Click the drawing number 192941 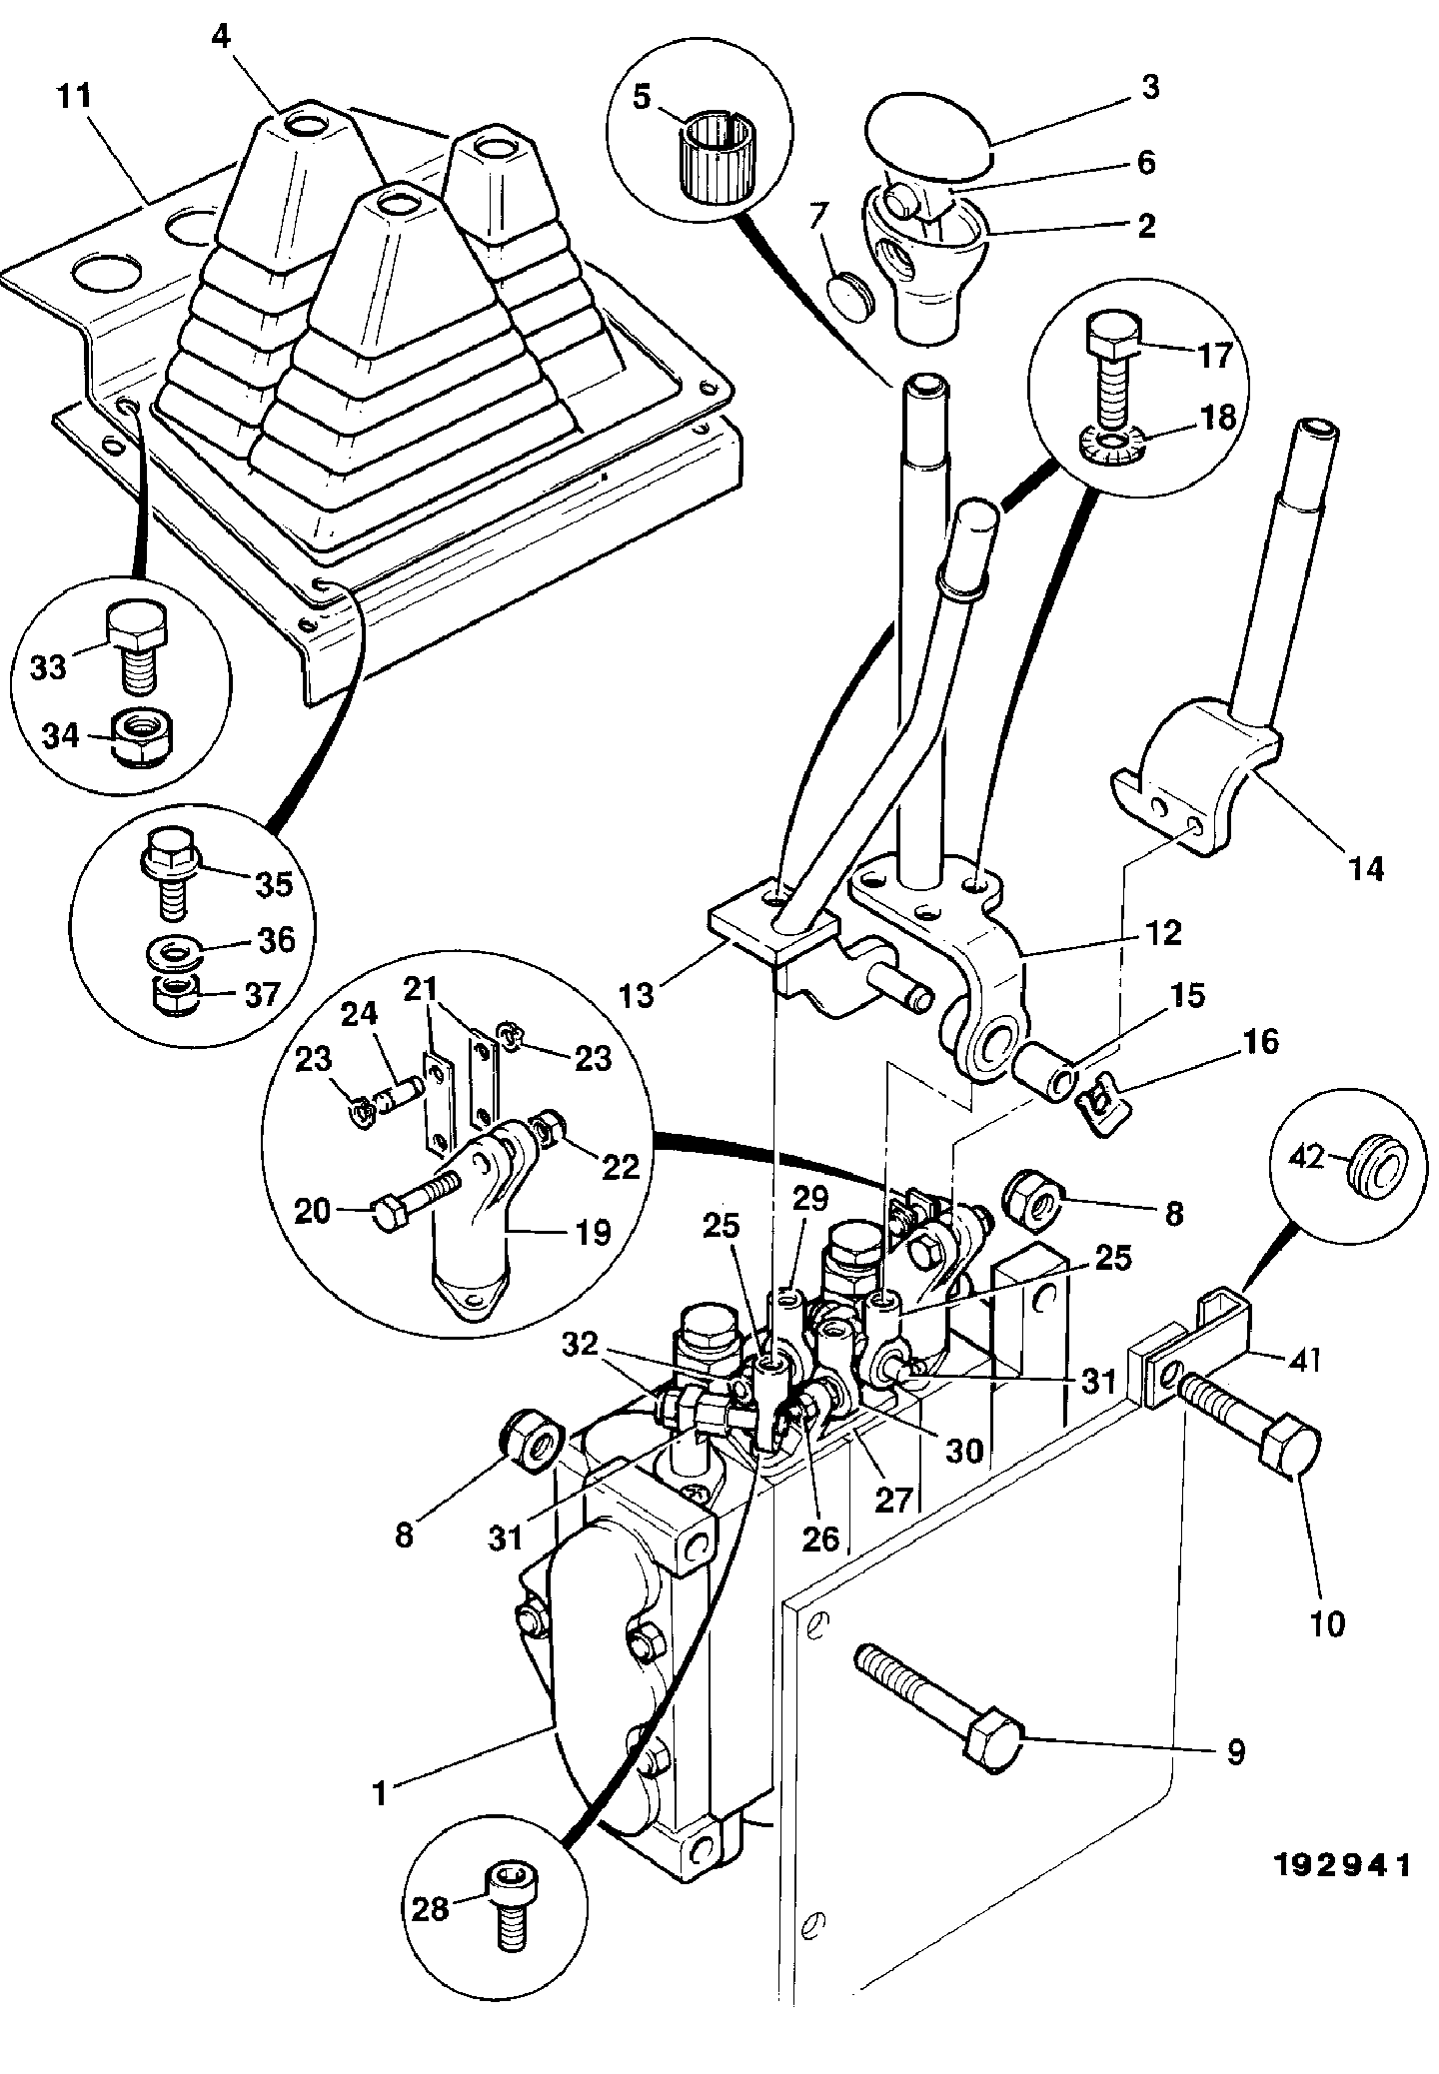(1342, 1864)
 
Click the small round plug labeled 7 (848, 294)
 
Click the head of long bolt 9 (992, 1742)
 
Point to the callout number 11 (75, 98)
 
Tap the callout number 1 (379, 1791)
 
